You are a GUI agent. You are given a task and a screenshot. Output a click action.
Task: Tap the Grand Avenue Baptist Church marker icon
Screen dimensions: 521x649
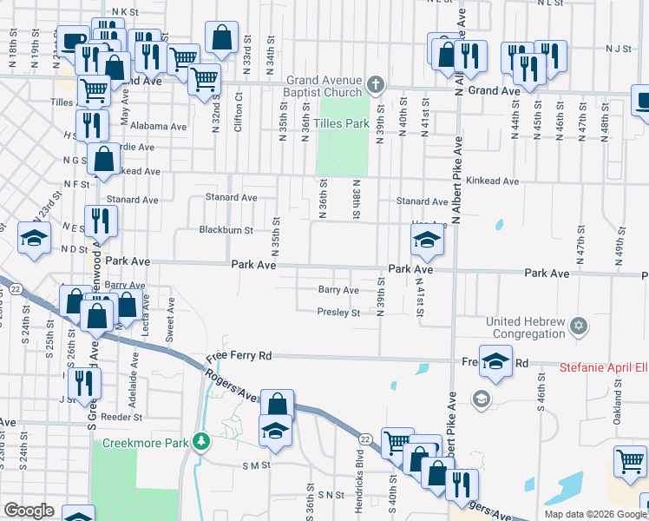(x=375, y=85)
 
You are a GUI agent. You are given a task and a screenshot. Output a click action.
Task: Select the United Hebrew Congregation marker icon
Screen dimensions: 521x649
(x=580, y=327)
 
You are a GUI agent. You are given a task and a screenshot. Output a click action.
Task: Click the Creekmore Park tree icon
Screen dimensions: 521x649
(x=201, y=443)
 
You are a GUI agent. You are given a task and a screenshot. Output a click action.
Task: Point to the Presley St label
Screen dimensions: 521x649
(x=338, y=313)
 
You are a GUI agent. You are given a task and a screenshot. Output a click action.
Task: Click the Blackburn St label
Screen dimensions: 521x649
(x=226, y=231)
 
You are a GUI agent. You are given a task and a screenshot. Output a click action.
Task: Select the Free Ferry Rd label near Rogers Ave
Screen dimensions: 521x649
(x=239, y=356)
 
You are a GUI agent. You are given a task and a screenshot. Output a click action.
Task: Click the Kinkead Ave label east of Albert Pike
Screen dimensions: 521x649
(x=492, y=181)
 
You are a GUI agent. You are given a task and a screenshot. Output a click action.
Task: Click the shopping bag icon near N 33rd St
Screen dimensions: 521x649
(x=221, y=37)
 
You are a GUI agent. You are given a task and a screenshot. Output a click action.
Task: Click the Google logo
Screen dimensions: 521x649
(x=29, y=511)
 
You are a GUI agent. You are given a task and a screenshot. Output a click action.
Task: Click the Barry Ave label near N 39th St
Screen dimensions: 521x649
(x=338, y=290)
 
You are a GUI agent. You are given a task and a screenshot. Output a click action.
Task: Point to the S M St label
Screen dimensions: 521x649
(x=256, y=465)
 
